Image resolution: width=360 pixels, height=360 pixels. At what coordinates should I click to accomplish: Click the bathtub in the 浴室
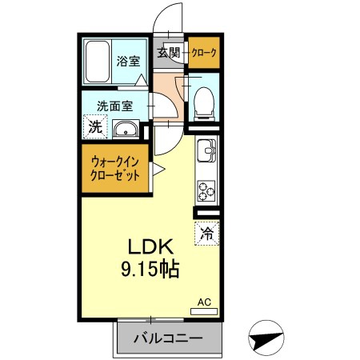(x=98, y=62)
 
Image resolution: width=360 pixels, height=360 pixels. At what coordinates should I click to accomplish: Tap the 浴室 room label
(x=128, y=62)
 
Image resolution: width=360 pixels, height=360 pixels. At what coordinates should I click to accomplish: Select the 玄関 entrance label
(x=169, y=53)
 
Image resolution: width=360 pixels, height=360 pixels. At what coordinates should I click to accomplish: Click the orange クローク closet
(x=204, y=53)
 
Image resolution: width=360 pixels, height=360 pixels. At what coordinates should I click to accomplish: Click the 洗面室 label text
(x=115, y=106)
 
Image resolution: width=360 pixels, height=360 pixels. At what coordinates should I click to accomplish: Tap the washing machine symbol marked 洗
(x=95, y=126)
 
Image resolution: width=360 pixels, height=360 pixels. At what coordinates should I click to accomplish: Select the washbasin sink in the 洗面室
(x=126, y=130)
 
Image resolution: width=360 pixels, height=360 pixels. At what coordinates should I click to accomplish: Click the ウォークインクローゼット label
(x=115, y=169)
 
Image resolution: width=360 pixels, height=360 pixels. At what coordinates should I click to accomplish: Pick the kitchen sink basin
(x=206, y=150)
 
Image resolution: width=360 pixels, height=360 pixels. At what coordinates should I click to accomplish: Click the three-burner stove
(x=206, y=190)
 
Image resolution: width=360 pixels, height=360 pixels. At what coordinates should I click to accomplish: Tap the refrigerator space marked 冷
(x=207, y=234)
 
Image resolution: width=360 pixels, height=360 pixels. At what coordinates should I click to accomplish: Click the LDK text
(x=150, y=246)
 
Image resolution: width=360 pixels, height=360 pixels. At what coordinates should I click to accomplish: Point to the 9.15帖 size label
(x=150, y=270)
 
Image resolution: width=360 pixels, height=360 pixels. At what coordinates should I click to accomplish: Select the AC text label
(x=204, y=302)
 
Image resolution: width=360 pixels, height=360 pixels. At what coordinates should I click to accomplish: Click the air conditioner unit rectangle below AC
(x=204, y=311)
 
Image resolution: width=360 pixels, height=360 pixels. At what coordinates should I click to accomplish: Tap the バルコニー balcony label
(x=168, y=338)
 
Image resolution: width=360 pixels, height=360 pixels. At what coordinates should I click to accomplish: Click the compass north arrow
(x=266, y=338)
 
